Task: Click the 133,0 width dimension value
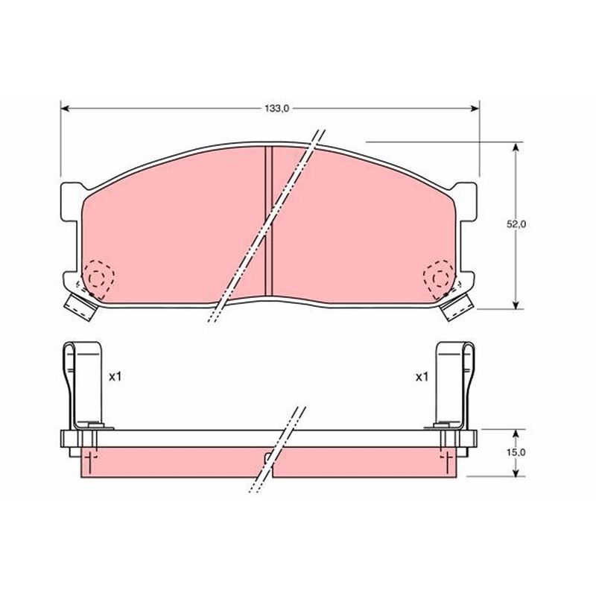tap(275, 109)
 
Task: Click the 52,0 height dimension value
tap(518, 224)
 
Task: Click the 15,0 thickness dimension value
tap(517, 452)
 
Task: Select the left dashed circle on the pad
tap(98, 276)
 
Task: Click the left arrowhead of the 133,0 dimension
tap(64, 109)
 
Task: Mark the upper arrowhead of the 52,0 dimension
tap(516, 149)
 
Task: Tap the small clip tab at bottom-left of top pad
tap(80, 305)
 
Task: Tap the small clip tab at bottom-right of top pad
tap(457, 305)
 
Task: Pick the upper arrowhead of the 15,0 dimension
tap(516, 433)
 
